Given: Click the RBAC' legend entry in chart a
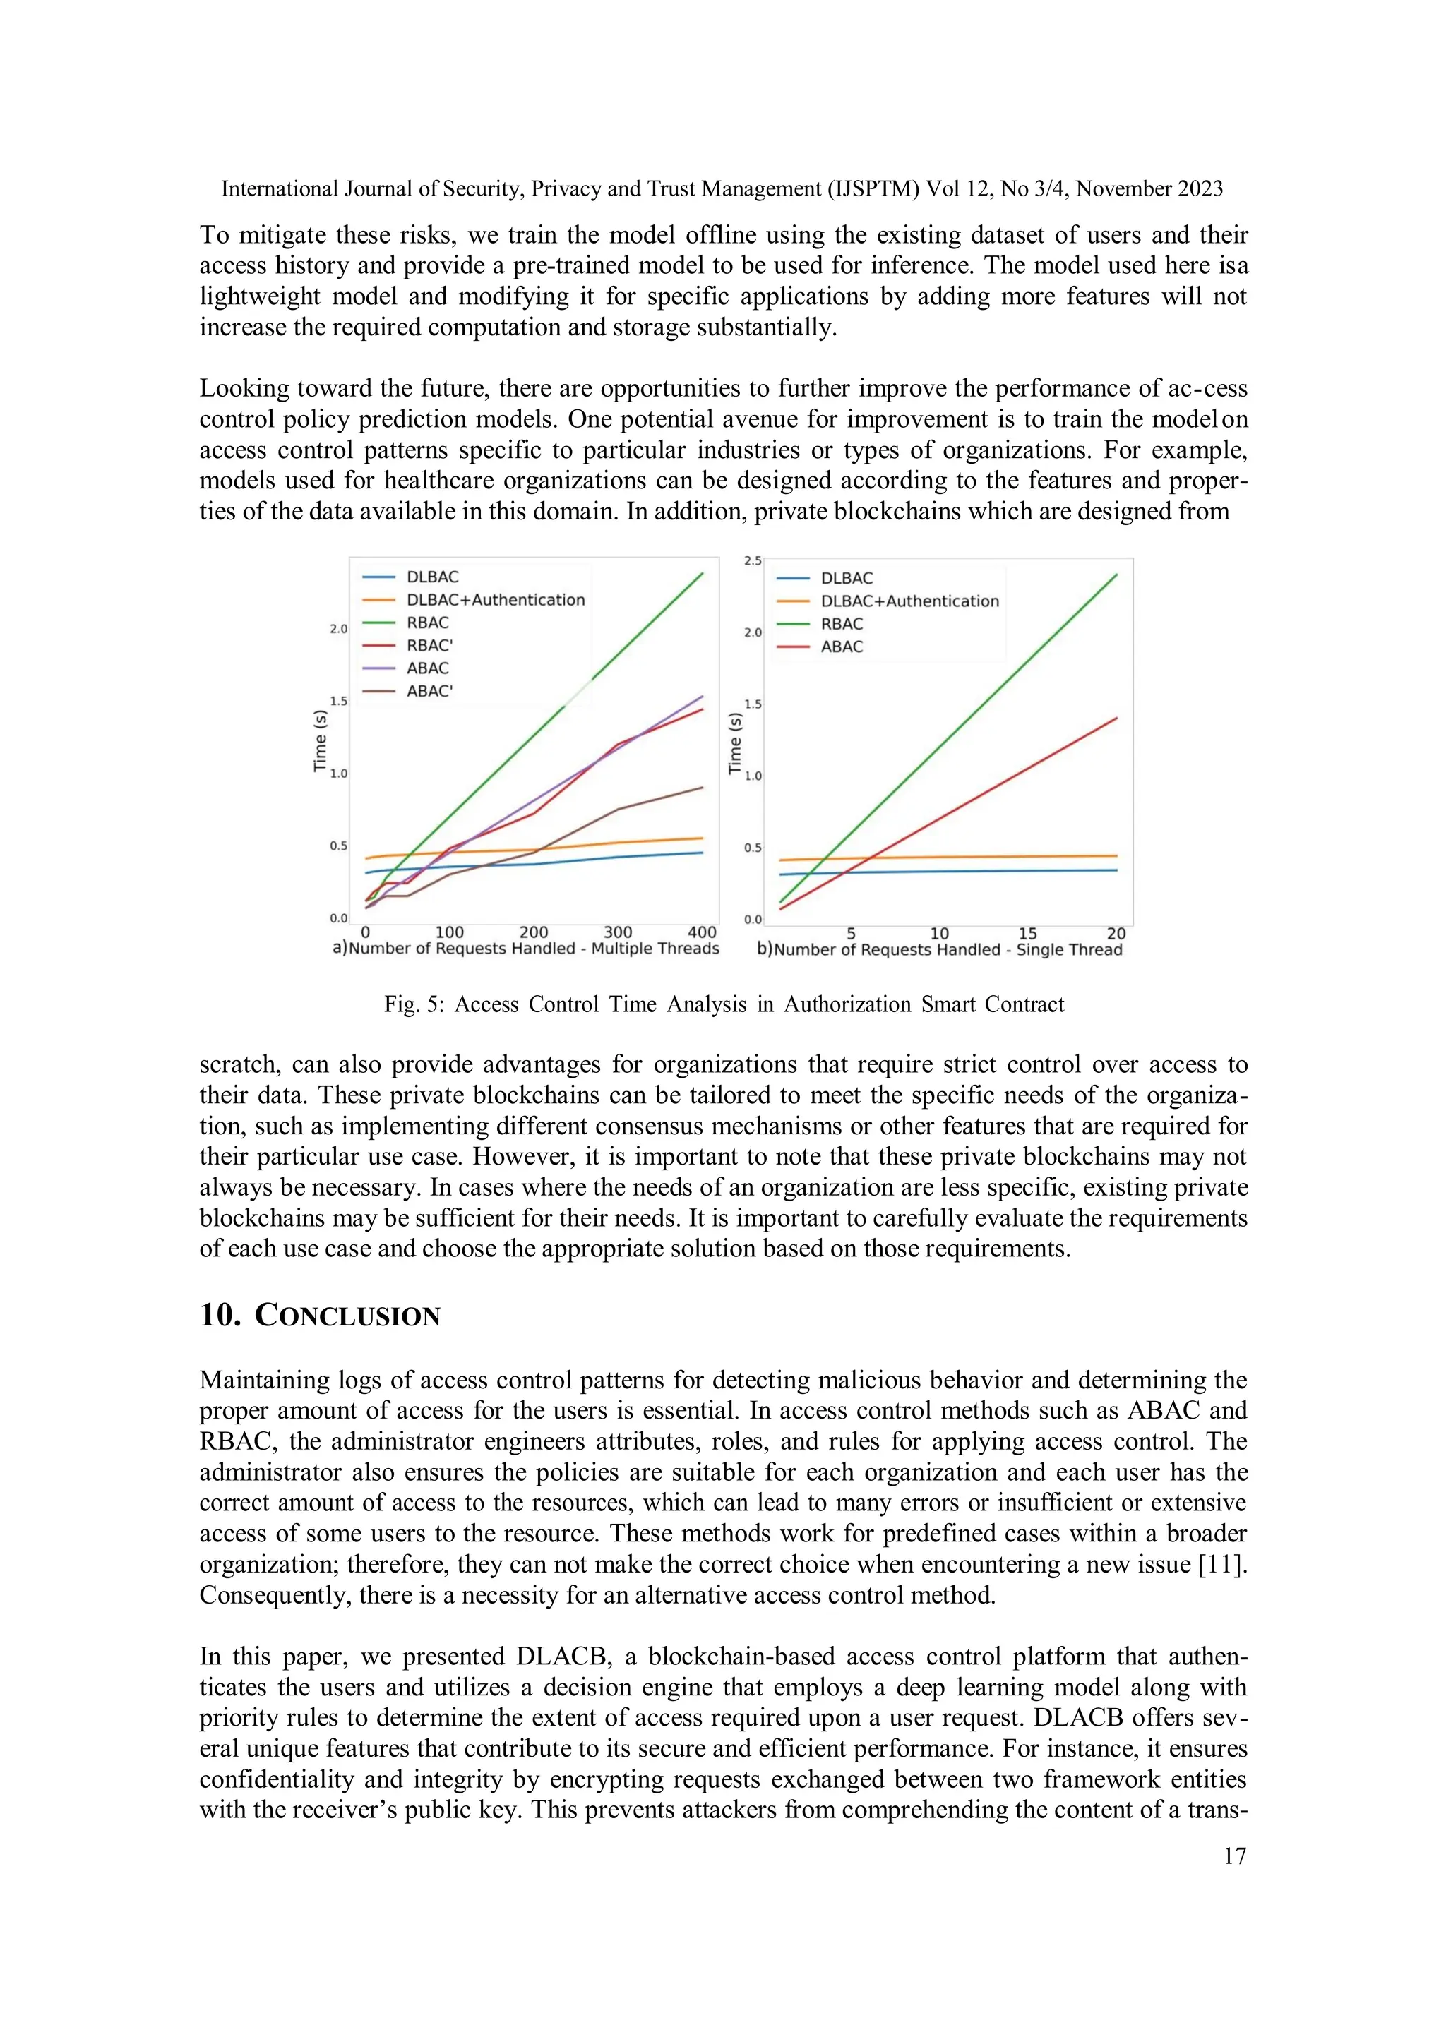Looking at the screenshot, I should pos(429,645).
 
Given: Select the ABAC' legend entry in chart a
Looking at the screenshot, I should pos(429,691).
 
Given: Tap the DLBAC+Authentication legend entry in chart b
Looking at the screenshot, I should pos(909,601).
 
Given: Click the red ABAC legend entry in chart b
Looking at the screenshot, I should pos(842,647).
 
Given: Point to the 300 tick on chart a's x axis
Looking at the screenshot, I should pos(618,932).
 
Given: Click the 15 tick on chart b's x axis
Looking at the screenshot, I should pos(1027,933).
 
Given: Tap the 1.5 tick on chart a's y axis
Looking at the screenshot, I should pos(338,701).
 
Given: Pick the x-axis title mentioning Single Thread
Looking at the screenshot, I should pos(948,950).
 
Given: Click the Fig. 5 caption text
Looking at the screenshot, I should pos(724,1004).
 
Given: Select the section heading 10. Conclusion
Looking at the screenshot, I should pos(320,1315).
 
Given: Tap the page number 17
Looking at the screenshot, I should pos(1234,1856).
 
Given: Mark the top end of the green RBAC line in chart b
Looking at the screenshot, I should pos(1116,575).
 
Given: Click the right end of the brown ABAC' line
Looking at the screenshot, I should pos(703,787).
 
